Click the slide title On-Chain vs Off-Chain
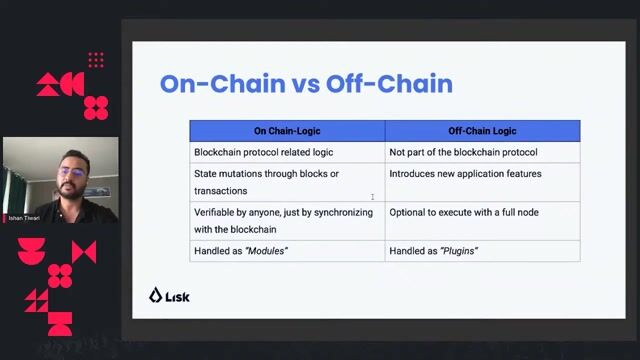click(x=306, y=83)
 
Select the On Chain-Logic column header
click(x=287, y=131)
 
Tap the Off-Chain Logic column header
click(x=482, y=131)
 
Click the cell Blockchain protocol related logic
click(x=263, y=152)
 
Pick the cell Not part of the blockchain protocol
click(x=463, y=152)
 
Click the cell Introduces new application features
click(x=465, y=174)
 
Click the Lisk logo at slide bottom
click(x=169, y=295)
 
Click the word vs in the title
click(x=305, y=83)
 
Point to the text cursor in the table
click(x=373, y=197)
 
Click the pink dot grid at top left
click(x=96, y=61)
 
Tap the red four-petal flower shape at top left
click(x=96, y=107)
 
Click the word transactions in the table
click(x=220, y=190)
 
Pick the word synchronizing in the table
click(x=343, y=212)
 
